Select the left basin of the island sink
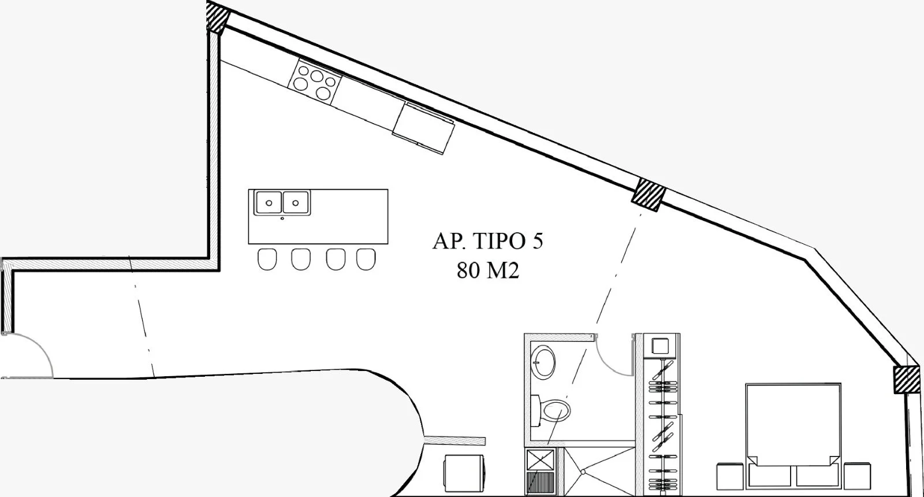[x=268, y=202]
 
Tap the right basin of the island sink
[x=295, y=202]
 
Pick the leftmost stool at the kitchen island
[x=267, y=259]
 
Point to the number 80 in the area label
[x=468, y=270]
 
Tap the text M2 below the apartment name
[x=503, y=270]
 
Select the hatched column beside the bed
[x=906, y=379]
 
